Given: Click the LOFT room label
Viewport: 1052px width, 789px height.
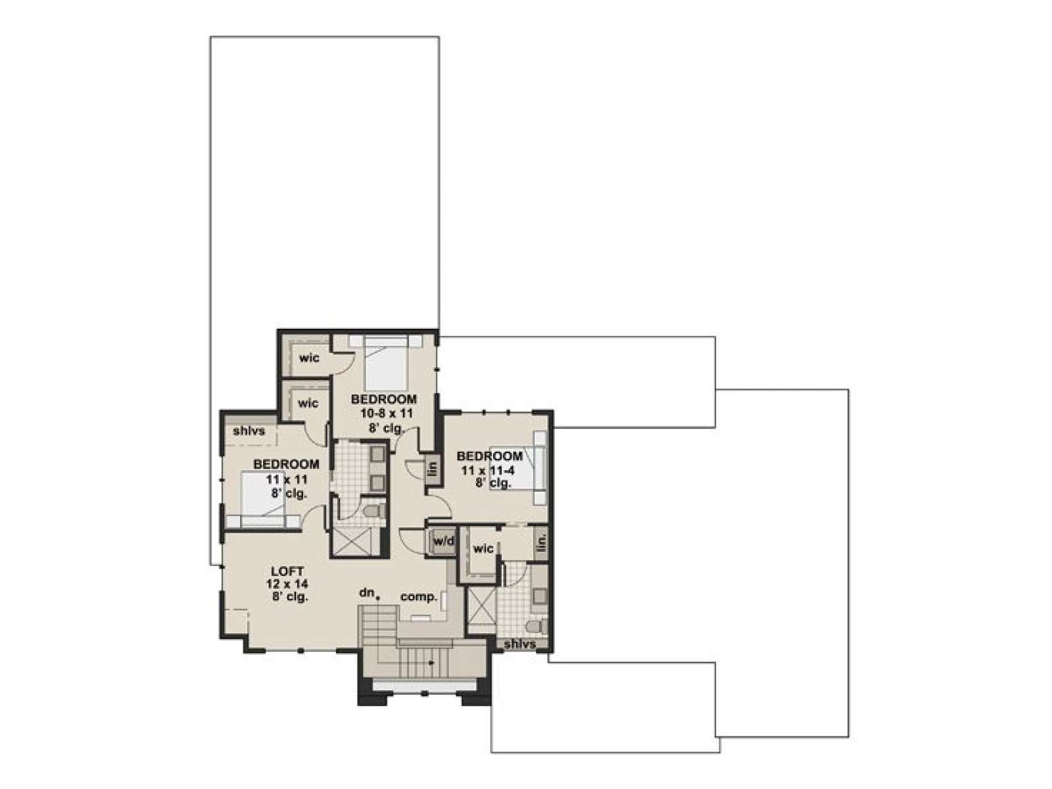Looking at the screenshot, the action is (287, 571).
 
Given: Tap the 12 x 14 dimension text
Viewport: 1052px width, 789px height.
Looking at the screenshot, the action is (287, 584).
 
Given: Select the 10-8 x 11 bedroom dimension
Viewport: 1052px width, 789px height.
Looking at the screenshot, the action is (382, 413).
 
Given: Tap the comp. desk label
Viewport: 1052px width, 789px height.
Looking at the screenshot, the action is (419, 598).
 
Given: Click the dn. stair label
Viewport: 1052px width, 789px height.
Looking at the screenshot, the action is (367, 592).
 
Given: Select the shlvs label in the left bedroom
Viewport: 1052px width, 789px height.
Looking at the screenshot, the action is (249, 431).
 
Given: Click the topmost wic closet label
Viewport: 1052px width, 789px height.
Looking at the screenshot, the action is (310, 358).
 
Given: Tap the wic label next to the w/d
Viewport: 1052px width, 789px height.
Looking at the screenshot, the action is (483, 549).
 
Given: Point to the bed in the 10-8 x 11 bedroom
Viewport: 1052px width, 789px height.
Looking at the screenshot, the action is (385, 363).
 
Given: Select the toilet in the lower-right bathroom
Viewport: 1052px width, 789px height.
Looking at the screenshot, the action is (537, 626).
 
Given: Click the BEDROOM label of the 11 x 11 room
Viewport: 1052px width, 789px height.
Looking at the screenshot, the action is (286, 464).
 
